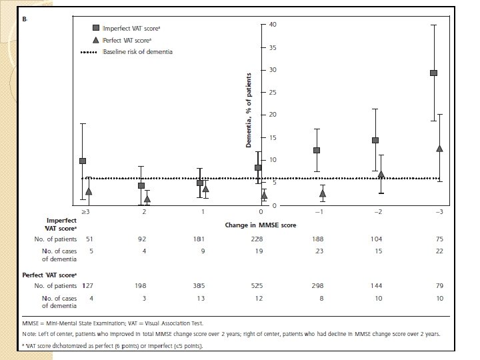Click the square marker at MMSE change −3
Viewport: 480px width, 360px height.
433,73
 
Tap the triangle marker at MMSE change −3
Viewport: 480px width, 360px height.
439,148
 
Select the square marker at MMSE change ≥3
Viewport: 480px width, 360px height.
83,161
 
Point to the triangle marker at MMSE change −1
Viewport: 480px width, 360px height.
323,193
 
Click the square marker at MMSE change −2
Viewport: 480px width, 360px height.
375,140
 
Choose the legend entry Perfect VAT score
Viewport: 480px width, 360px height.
122,40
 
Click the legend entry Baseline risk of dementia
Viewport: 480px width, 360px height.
137,52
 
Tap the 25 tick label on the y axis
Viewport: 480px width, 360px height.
272,93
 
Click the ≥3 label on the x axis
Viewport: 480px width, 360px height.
86,211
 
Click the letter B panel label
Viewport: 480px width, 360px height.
25,20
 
